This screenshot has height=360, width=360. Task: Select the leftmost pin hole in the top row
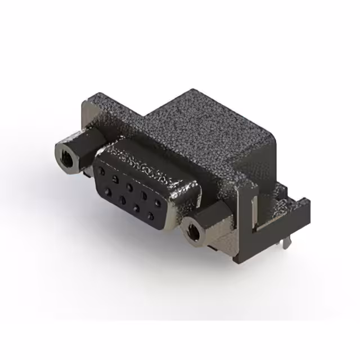pyautogui.click(x=102, y=170)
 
